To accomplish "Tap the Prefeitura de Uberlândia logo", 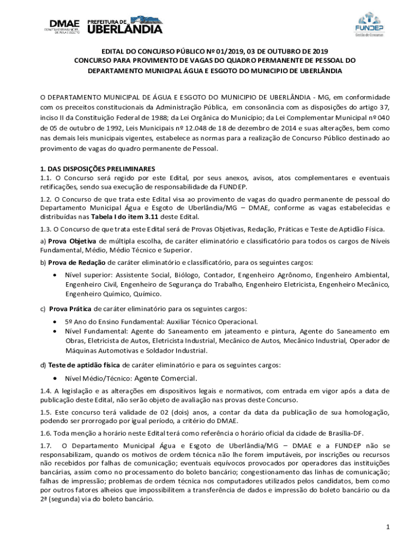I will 125,25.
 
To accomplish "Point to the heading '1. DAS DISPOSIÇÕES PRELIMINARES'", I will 98,168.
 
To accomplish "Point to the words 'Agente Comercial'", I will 165,378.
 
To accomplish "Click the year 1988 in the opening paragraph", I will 159,117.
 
